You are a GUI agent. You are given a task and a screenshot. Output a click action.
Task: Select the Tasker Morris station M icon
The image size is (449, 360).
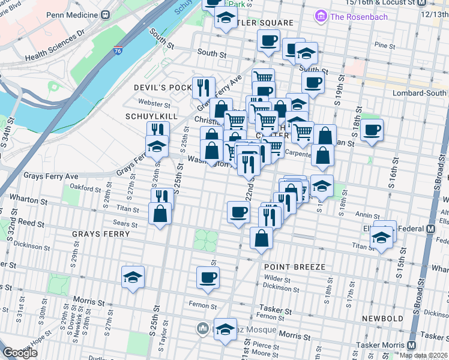pos(412,345)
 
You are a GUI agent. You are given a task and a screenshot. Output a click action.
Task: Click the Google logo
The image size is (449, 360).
pos(20,353)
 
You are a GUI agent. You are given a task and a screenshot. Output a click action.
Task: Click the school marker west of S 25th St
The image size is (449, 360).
pos(133,277)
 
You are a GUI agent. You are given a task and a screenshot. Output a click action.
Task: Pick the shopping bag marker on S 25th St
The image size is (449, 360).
pos(160,215)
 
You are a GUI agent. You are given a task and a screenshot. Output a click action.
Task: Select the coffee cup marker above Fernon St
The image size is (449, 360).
pos(208,278)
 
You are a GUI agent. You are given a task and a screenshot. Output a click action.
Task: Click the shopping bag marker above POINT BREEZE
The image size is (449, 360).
pos(262,237)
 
